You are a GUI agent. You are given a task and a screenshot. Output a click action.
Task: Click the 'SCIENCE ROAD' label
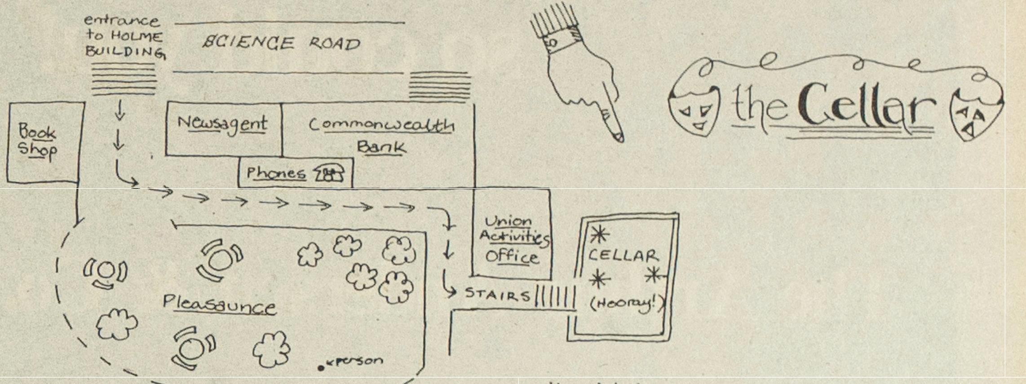point(281,44)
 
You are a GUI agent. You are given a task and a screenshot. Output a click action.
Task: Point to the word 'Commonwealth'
point(381,125)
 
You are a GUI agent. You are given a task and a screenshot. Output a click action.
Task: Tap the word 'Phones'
point(276,173)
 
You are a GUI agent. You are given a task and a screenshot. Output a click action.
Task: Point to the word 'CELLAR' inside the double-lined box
point(623,255)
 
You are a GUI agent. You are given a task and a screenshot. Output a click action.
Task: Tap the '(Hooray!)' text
point(626,304)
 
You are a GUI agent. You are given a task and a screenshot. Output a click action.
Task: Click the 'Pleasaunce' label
point(219,305)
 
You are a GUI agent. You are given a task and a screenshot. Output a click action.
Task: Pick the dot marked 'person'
point(321,368)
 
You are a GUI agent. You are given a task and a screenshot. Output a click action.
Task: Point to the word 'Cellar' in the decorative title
point(867,108)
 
